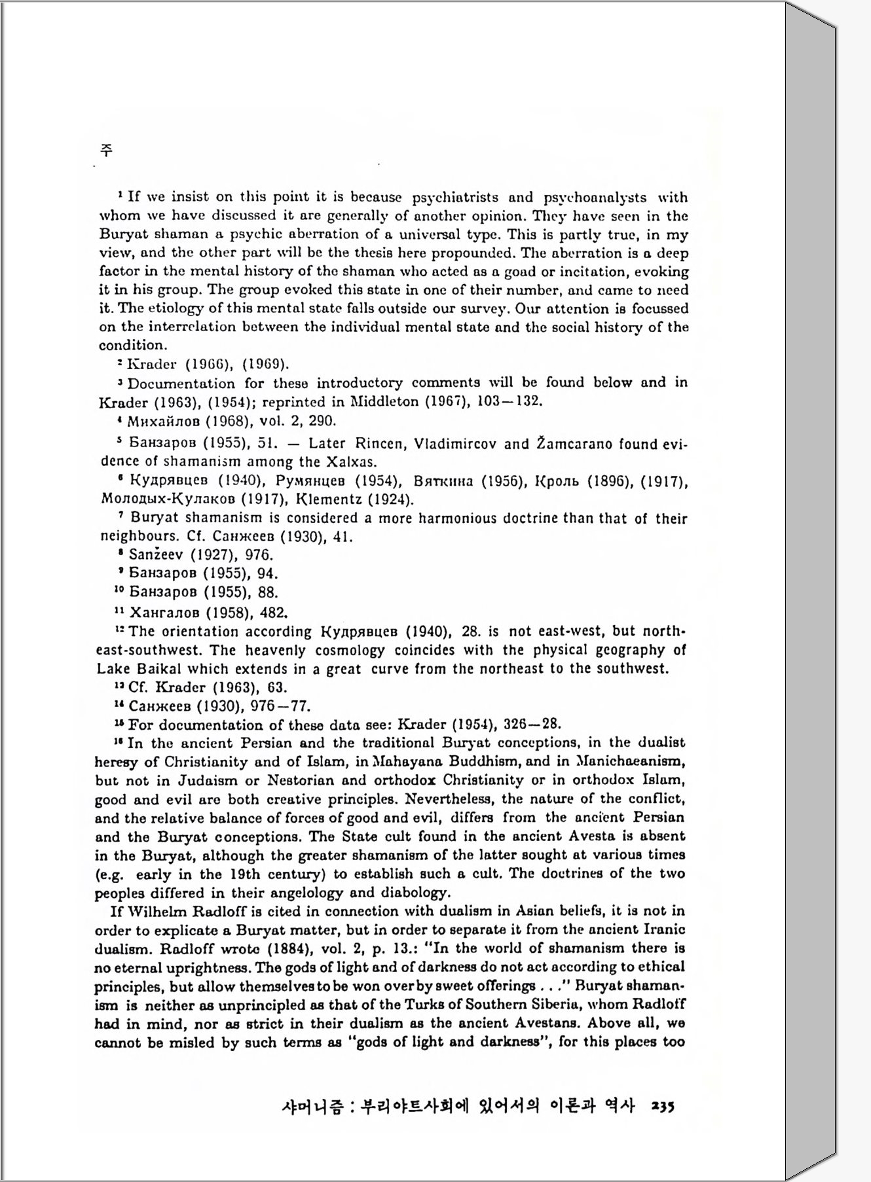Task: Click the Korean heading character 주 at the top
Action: pos(106,150)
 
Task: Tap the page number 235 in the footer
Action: pos(662,1107)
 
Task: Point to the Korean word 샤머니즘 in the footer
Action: pos(310,1107)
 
